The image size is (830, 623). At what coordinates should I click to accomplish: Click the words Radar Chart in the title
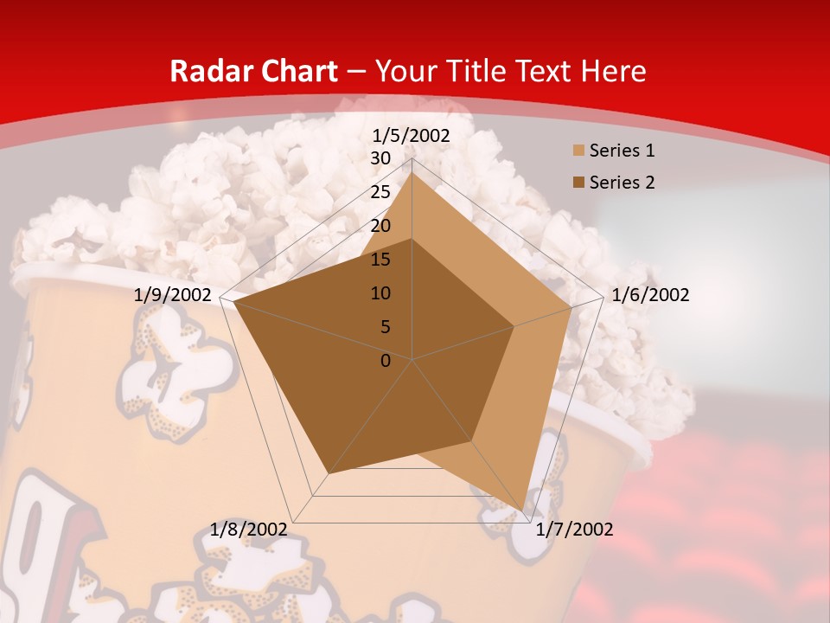253,72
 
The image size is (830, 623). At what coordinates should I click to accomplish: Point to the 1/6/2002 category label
650,295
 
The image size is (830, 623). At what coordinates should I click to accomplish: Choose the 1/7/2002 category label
574,530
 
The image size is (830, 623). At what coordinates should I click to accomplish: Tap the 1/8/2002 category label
249,530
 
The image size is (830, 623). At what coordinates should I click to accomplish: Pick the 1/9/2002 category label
173,295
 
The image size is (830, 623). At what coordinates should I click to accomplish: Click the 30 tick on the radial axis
380,158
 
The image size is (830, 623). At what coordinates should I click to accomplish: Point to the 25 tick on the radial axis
380,192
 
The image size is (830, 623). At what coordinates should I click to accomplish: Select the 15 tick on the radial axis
380,260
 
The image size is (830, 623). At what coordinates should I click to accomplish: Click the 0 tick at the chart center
386,361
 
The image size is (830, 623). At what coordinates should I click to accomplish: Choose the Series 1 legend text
622,151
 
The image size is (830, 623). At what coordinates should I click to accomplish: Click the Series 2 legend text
622,183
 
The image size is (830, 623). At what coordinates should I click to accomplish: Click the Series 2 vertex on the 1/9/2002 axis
234,302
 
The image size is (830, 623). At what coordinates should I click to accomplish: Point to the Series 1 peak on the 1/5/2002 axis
412,172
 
